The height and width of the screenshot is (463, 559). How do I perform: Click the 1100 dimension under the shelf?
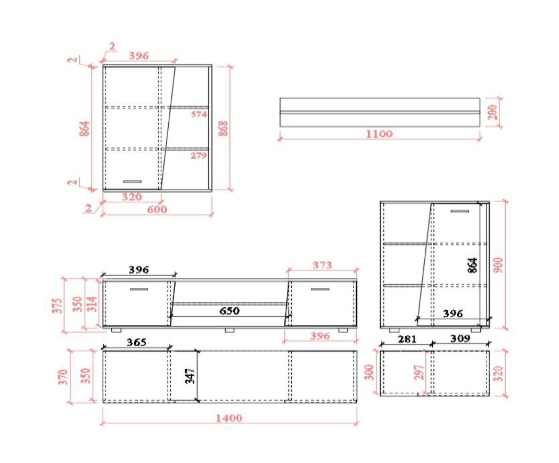379,134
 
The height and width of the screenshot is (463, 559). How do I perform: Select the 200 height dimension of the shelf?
493,112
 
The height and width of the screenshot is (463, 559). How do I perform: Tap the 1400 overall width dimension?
229,418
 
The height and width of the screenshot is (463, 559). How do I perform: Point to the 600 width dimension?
157,209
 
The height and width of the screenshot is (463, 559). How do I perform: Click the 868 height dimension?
223,128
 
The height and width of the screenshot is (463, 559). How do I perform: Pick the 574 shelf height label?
199,114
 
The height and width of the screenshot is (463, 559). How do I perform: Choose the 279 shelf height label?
199,155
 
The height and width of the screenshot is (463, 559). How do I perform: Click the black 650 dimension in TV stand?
229,311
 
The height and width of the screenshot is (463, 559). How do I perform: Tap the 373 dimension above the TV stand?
322,265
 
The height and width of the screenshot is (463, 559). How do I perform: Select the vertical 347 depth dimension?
191,376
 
